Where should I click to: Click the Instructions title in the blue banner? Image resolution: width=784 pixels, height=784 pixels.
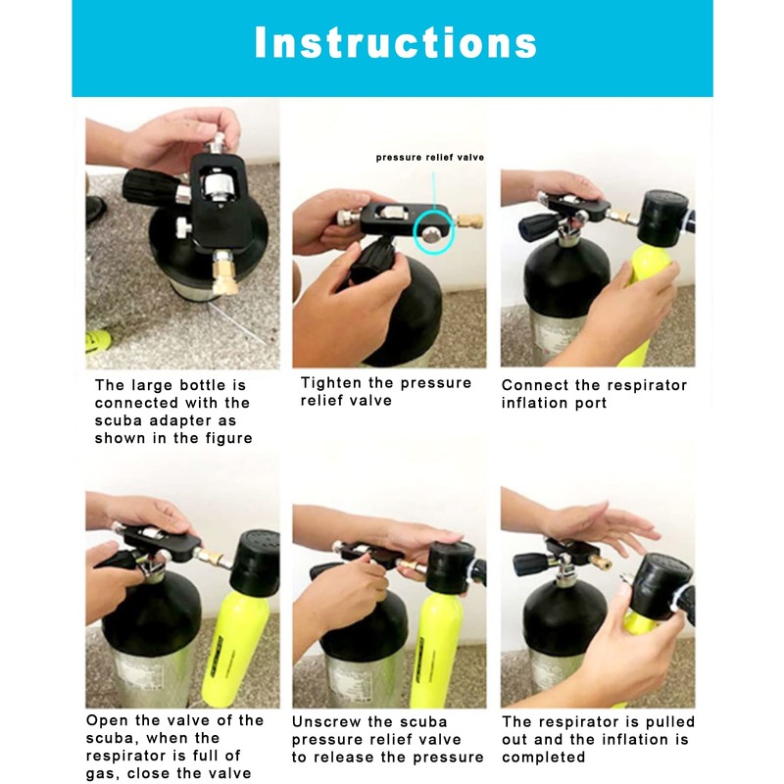point(396,42)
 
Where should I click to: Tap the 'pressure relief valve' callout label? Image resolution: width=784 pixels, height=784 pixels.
point(430,158)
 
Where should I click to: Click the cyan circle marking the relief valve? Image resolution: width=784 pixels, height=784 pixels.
point(434,232)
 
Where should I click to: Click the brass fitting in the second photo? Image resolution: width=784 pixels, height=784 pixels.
point(470,220)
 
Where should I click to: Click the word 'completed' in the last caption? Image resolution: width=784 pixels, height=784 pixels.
point(543,757)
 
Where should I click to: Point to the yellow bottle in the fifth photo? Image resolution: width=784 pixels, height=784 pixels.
point(440,650)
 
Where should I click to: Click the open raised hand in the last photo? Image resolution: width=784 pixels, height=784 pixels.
point(600,527)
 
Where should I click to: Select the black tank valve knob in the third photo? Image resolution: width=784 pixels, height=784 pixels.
point(539,227)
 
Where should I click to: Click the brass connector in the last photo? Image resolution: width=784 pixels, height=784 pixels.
point(600,561)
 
